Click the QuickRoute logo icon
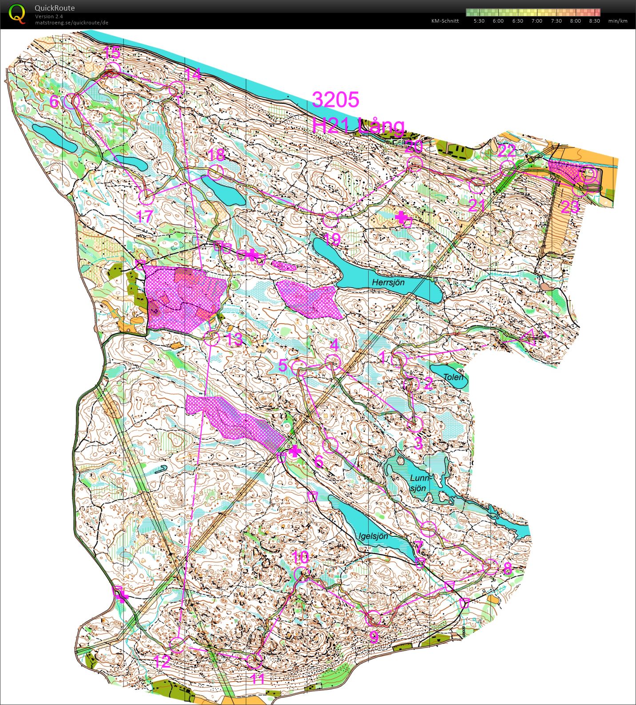pyautogui.click(x=17, y=13)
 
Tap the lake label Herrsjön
pyautogui.click(x=388, y=282)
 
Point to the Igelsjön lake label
pyautogui.click(x=373, y=536)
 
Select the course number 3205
pyautogui.click(x=335, y=100)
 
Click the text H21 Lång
pyautogui.click(x=358, y=126)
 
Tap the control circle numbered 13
pyautogui.click(x=212, y=338)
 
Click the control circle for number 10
pyautogui.click(x=302, y=573)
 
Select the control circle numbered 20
pyautogui.click(x=414, y=164)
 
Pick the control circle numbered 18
pyautogui.click(x=215, y=172)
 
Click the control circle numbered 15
pyautogui.click(x=112, y=70)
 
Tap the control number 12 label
pyautogui.click(x=161, y=662)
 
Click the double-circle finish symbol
pyautogui.click(x=588, y=174)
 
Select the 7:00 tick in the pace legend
pyautogui.click(x=537, y=21)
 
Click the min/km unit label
pyautogui.click(x=618, y=21)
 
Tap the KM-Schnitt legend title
pyautogui.click(x=445, y=21)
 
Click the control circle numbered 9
pyautogui.click(x=373, y=618)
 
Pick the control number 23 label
pyautogui.click(x=570, y=207)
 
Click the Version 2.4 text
pyautogui.click(x=49, y=16)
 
